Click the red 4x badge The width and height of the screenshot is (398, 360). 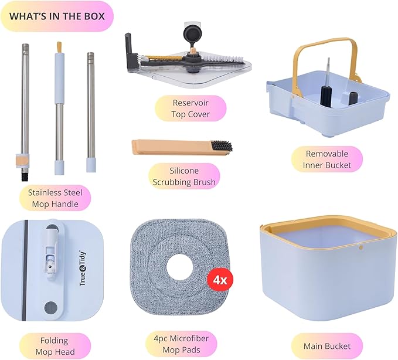(220, 280)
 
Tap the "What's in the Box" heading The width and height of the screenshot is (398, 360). (57, 16)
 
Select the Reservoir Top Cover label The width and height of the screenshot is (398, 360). (191, 108)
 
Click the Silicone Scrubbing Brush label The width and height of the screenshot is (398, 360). (184, 176)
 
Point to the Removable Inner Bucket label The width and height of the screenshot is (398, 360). (327, 159)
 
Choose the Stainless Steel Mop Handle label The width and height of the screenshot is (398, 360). (55, 198)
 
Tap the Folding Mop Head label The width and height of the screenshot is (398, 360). (55, 346)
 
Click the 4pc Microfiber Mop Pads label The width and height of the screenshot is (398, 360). (181, 344)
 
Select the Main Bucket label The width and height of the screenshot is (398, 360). (327, 346)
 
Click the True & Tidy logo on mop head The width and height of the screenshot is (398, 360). (83, 268)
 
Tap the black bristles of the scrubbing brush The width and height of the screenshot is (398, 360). (222, 146)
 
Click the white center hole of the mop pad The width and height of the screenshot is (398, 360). (179, 266)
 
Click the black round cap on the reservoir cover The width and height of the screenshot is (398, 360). (192, 35)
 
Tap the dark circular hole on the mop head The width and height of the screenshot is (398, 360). (51, 308)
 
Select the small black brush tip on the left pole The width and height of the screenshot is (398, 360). (25, 175)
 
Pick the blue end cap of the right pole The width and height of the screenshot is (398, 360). (91, 165)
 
